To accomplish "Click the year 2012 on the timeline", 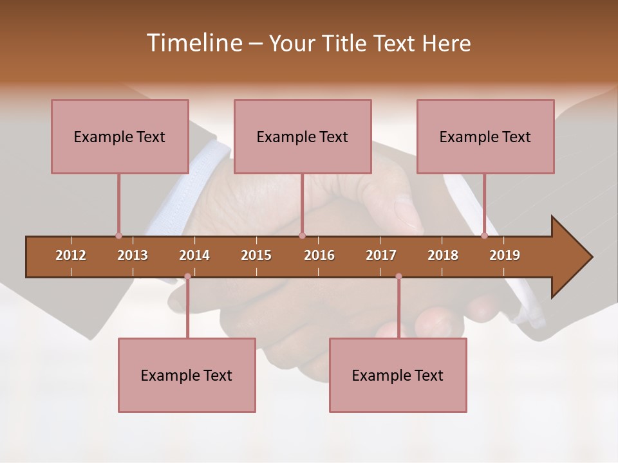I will click(71, 255).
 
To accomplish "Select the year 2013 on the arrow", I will click(133, 255).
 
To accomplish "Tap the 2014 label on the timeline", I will click(194, 255).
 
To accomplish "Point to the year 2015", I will click(256, 255).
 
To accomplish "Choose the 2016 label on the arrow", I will click(319, 255).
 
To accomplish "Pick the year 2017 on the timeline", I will click(381, 255).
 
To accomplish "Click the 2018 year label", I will click(443, 255).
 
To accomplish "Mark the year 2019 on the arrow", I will click(505, 255).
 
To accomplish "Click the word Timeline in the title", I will click(193, 43).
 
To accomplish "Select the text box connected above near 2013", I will click(120, 136).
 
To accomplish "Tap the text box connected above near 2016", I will click(303, 136).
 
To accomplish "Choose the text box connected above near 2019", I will click(485, 136).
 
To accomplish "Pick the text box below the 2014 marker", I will click(187, 376).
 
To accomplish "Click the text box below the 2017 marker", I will click(398, 376).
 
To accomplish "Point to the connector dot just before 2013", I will click(118, 235).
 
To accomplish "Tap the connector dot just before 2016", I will click(303, 235).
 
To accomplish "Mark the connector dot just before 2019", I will click(485, 235).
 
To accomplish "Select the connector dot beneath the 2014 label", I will click(187, 277).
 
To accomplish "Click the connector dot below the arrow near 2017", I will click(398, 277).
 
